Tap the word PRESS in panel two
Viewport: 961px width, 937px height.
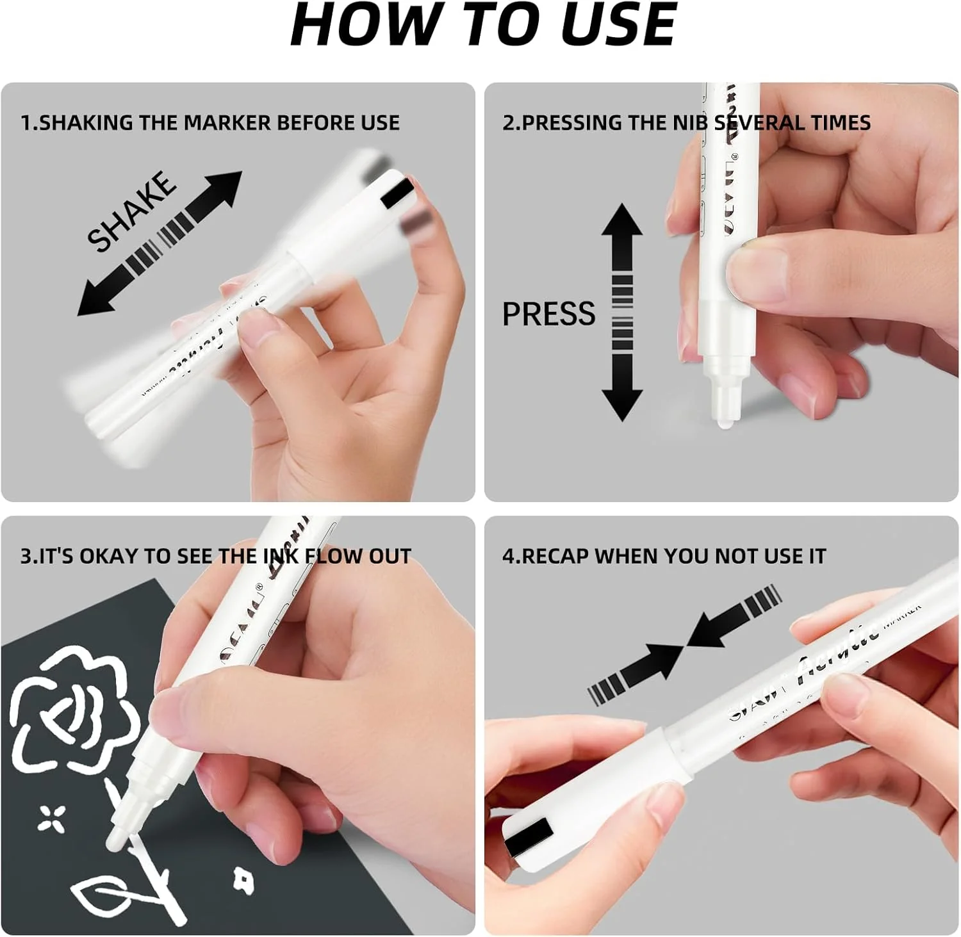point(548,314)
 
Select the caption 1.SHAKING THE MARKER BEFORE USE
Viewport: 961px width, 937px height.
point(210,122)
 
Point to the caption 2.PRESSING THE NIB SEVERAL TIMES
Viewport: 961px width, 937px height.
point(686,122)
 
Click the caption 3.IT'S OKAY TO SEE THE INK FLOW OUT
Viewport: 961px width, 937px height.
point(215,556)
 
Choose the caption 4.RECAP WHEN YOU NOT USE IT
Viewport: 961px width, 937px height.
point(664,556)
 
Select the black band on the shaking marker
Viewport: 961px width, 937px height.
point(398,193)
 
